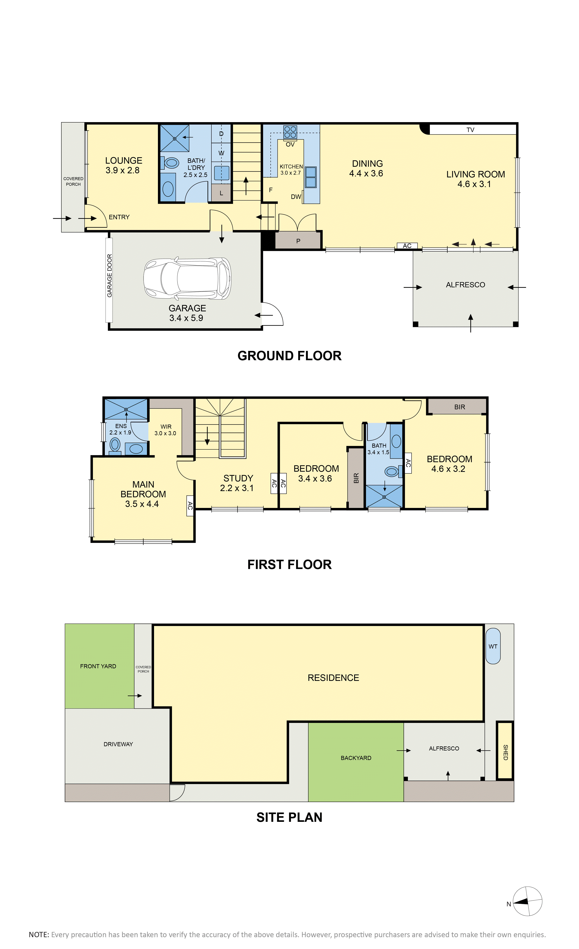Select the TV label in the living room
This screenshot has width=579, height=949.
click(x=470, y=130)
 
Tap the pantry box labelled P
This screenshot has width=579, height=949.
click(x=298, y=240)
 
